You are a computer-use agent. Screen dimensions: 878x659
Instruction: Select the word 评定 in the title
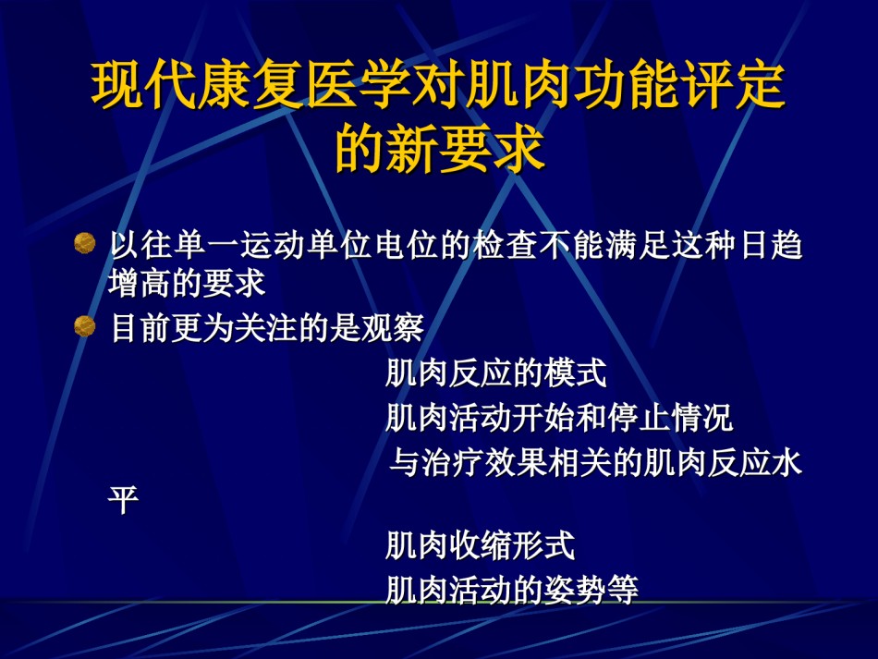tap(732, 85)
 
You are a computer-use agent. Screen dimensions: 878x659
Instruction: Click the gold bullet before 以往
tap(84, 244)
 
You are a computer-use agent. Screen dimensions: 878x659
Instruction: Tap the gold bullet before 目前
tap(84, 326)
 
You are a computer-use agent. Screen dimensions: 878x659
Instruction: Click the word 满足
tap(639, 245)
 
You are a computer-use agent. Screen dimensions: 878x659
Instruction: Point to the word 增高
tap(140, 283)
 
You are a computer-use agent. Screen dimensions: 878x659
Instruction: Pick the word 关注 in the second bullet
tap(265, 327)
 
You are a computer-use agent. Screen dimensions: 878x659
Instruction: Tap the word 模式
tap(575, 372)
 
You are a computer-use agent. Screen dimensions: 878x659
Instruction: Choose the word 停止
tap(639, 418)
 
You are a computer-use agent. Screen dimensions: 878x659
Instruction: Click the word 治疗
tap(453, 463)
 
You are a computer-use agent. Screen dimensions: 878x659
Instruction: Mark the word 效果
tap(516, 463)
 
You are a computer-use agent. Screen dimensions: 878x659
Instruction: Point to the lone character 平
tap(123, 500)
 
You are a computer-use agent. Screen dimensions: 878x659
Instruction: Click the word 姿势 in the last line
tap(575, 590)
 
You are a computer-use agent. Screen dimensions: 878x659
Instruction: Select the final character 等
tap(623, 590)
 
